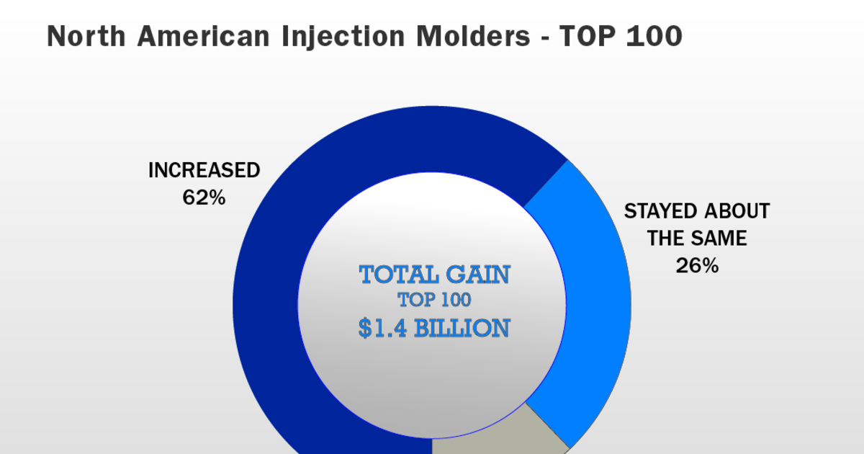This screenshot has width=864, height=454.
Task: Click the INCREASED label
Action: coord(204,171)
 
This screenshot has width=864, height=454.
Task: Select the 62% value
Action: coord(204,197)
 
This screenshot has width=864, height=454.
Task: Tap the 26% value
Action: coord(697,265)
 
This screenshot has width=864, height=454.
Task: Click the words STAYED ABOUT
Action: coord(696,211)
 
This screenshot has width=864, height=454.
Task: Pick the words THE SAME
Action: coord(697,238)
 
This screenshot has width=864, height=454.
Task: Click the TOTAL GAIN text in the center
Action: coord(434,275)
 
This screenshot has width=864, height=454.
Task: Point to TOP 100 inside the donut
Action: coord(434,301)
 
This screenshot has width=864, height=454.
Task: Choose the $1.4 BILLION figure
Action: coord(434,328)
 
